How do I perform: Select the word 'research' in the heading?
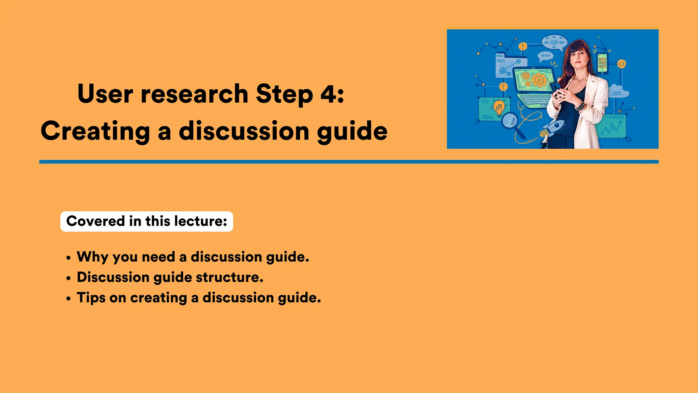click(194, 94)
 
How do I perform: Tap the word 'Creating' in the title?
click(95, 131)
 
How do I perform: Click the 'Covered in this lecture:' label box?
click(147, 221)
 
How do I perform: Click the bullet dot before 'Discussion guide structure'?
click(69, 278)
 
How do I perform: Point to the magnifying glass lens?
click(510, 120)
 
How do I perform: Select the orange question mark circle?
click(503, 87)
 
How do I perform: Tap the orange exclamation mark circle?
click(522, 46)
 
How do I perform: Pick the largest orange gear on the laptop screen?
click(539, 81)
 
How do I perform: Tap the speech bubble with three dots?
click(545, 56)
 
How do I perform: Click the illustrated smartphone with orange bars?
click(602, 63)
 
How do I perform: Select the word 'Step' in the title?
click(284, 94)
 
